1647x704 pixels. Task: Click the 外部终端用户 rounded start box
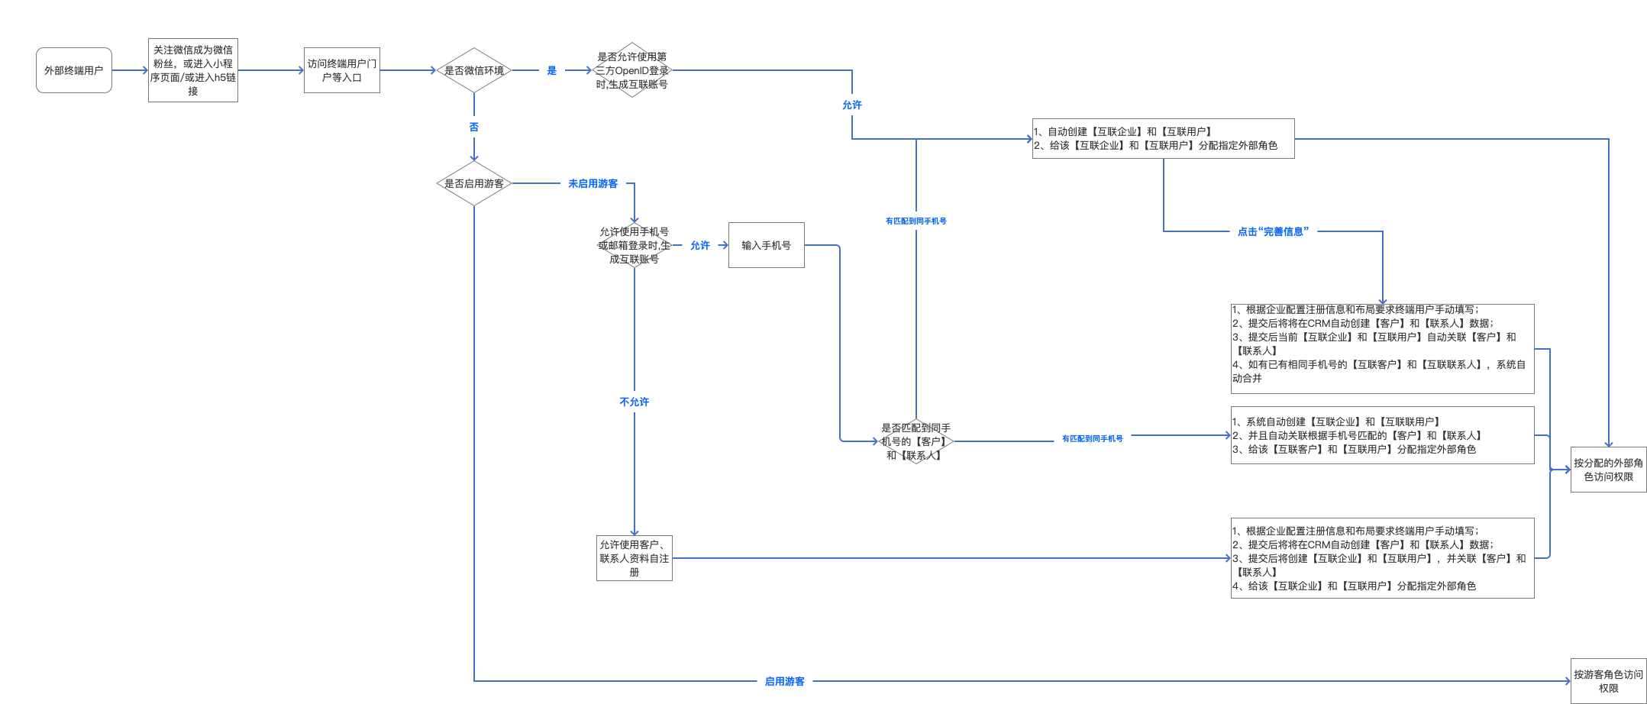click(74, 70)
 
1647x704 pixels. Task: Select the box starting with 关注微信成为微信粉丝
click(193, 70)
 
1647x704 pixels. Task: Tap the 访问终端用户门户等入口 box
click(342, 70)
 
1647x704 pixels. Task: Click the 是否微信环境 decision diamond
click(474, 70)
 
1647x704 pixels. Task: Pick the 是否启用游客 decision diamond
click(474, 183)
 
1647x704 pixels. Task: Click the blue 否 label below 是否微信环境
click(474, 127)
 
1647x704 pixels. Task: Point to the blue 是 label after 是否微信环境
click(552, 70)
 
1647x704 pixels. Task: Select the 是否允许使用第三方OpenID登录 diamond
click(632, 70)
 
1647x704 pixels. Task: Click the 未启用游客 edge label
click(593, 183)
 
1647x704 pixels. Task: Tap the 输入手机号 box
click(767, 245)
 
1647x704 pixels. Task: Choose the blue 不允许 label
click(635, 402)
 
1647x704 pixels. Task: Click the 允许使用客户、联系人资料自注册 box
click(635, 558)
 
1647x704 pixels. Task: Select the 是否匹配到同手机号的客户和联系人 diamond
click(916, 441)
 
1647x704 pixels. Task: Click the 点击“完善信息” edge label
click(1274, 231)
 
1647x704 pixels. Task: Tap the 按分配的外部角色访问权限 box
click(1609, 470)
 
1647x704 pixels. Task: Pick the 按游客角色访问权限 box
click(1609, 681)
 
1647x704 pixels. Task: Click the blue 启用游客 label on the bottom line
click(785, 681)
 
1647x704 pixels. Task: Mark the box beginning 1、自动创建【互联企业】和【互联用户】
click(1164, 138)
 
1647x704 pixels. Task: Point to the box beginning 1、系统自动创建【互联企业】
click(1383, 435)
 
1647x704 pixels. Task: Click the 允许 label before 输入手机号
click(700, 245)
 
